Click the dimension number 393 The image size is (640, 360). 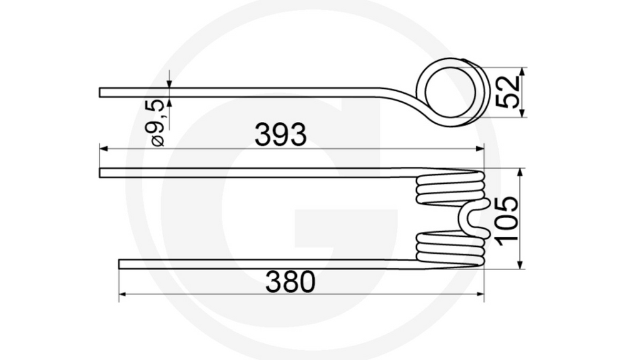(280, 134)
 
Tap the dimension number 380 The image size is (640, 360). (290, 283)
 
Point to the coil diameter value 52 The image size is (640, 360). (507, 92)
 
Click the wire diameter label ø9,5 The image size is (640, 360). (156, 122)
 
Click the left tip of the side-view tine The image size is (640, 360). (101, 92)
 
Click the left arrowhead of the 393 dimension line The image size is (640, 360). (104, 149)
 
